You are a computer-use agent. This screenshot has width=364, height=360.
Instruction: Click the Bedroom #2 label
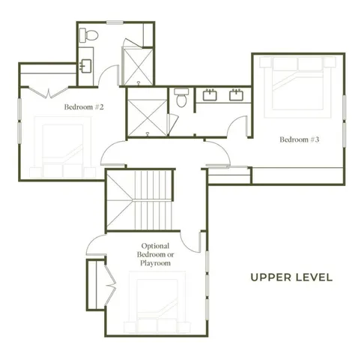coord(83,107)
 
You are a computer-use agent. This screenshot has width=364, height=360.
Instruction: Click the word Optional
coord(156,245)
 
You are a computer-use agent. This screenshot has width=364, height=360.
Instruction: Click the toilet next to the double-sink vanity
coord(181,97)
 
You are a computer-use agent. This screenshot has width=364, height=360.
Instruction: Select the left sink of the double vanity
coord(209,94)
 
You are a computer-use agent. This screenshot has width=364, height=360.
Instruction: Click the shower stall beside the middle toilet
coord(147,112)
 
